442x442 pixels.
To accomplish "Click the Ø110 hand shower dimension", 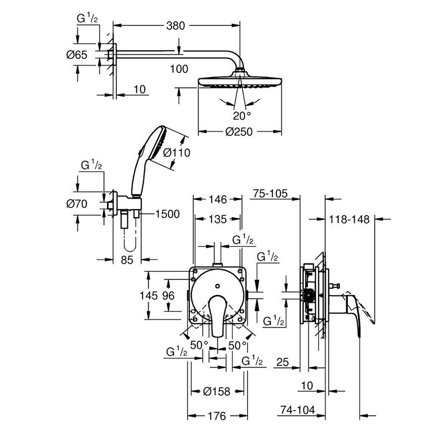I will pos(176,153).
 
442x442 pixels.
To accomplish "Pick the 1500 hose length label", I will pos(167,214).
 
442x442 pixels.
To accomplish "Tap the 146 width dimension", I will pos(217,199).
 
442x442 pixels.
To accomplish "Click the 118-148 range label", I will pos(349,219).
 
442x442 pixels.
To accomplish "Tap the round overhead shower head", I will pos(240,82).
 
